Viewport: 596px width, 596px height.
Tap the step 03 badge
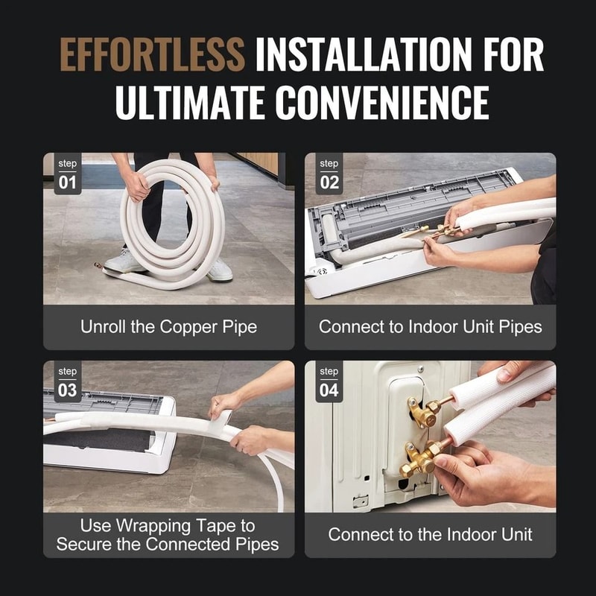[x=68, y=382]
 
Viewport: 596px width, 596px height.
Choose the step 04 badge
[x=329, y=382]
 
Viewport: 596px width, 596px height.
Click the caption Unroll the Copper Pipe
[x=168, y=326]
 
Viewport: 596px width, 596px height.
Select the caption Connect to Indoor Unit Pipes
[x=430, y=326]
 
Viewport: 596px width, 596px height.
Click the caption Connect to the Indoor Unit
[x=430, y=534]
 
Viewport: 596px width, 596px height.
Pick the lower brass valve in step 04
[x=419, y=458]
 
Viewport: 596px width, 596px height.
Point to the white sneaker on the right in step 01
[x=219, y=270]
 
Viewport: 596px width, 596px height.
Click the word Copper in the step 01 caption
[x=192, y=326]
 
